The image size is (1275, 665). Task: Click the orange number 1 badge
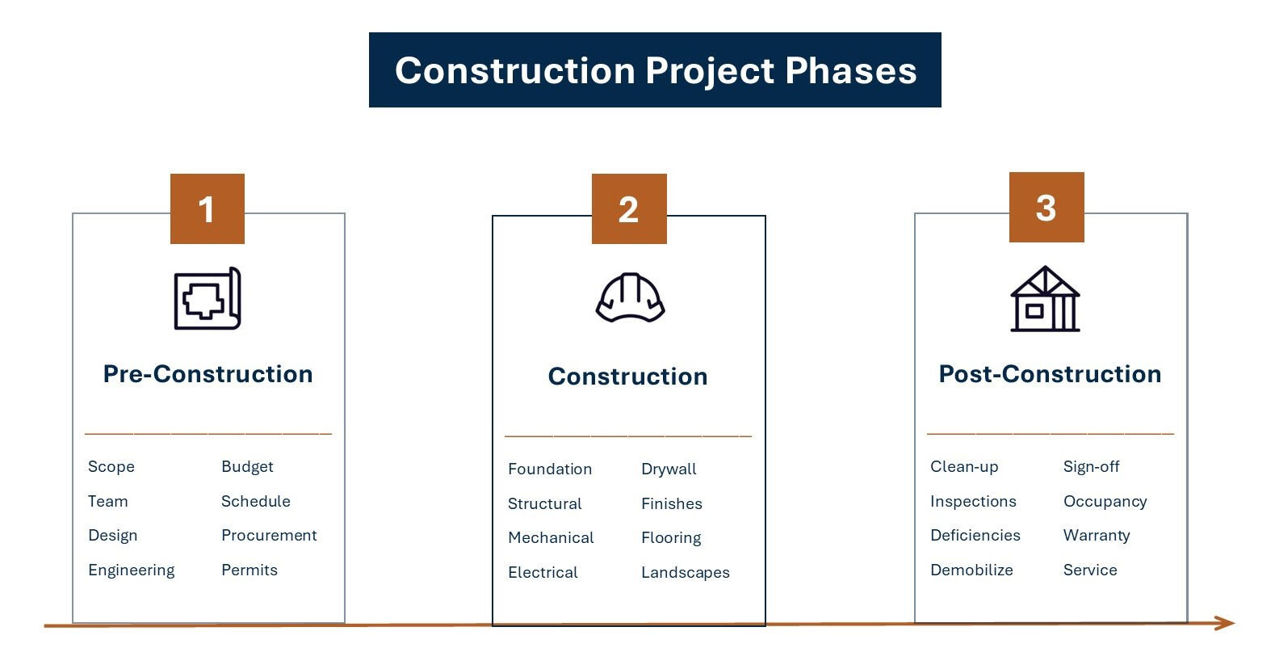(208, 209)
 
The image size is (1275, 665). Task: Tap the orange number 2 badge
(629, 209)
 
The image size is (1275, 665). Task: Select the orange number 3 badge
(1046, 207)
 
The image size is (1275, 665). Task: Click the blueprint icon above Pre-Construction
(208, 298)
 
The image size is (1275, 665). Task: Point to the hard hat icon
(630, 298)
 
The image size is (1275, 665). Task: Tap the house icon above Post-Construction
(1045, 299)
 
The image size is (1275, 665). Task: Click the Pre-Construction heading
(208, 374)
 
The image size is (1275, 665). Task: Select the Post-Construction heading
(1051, 374)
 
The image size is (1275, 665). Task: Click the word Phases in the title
(851, 70)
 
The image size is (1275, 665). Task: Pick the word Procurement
(269, 535)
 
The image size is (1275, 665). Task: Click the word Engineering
(132, 570)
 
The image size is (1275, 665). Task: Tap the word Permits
(250, 570)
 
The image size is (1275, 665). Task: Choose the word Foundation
(550, 469)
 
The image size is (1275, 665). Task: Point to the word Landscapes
(686, 573)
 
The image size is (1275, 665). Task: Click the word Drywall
(669, 469)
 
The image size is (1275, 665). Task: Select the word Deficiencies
(975, 535)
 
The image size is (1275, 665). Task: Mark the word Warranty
(1097, 536)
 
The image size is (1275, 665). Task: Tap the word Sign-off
(1091, 467)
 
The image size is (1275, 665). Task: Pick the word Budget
(247, 467)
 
